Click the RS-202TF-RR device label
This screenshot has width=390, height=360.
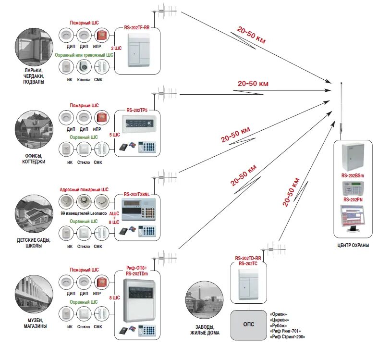pyautogui.click(x=137, y=27)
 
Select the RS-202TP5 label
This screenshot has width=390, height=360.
pyautogui.click(x=137, y=110)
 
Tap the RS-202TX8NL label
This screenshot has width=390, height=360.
pyautogui.click(x=137, y=195)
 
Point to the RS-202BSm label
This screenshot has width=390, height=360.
pyautogui.click(x=353, y=175)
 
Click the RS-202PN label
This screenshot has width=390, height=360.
pyautogui.click(x=353, y=199)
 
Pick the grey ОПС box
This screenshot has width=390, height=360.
pyautogui.click(x=248, y=325)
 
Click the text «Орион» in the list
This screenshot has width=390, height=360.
pyautogui.click(x=278, y=314)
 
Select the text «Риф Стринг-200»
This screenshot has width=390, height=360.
pyautogui.click(x=287, y=337)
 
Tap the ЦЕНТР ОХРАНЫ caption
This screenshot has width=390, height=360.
pyautogui.click(x=353, y=246)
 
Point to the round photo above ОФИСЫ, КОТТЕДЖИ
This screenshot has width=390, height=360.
pyautogui.click(x=34, y=129)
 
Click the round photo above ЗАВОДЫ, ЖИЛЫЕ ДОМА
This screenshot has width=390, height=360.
pyautogui.click(x=205, y=300)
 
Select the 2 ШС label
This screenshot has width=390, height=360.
pyautogui.click(x=116, y=48)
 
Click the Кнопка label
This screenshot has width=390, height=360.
pyautogui.click(x=84, y=80)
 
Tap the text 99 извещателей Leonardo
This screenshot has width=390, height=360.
pyautogui.click(x=84, y=213)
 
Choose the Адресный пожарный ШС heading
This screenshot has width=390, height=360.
pyautogui.click(x=84, y=190)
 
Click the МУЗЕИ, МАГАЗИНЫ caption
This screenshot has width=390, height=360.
pyautogui.click(x=35, y=323)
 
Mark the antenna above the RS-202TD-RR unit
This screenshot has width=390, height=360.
pyautogui.click(x=273, y=249)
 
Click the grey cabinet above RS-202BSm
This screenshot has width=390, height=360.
pyautogui.click(x=353, y=157)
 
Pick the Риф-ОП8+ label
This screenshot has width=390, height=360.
pyautogui.click(x=137, y=268)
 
